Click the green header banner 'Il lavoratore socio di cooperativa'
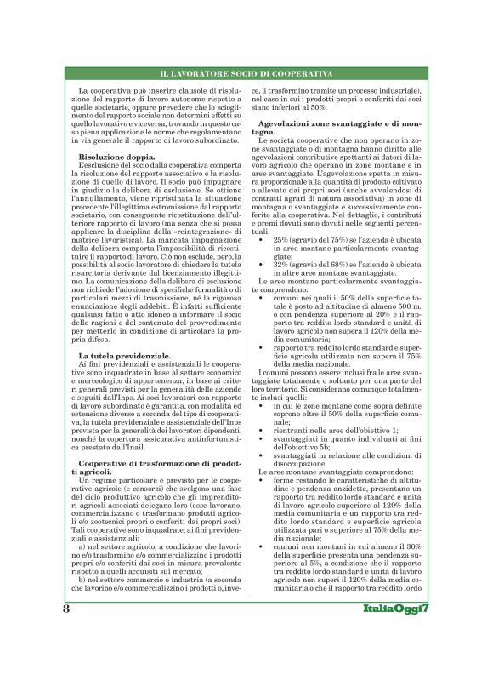pos(246,74)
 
